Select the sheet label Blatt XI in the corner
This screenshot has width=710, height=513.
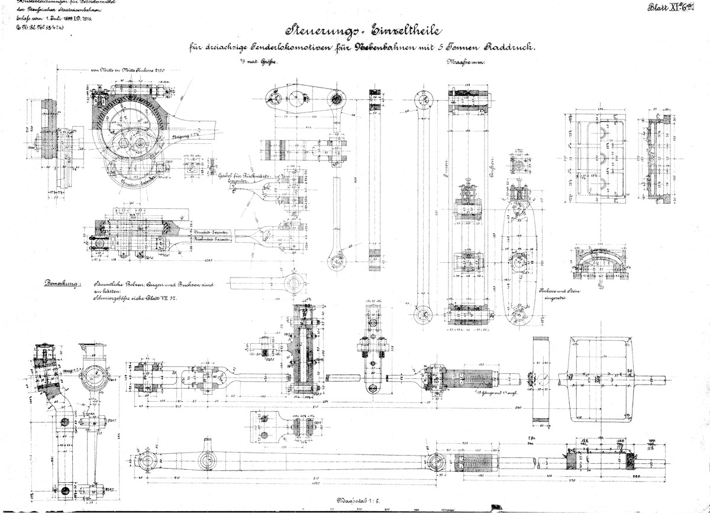pyautogui.click(x=675, y=9)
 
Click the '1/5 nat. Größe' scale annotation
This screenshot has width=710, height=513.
pyautogui.click(x=259, y=61)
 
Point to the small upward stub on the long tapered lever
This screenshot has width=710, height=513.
pyautogui.click(x=208, y=444)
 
